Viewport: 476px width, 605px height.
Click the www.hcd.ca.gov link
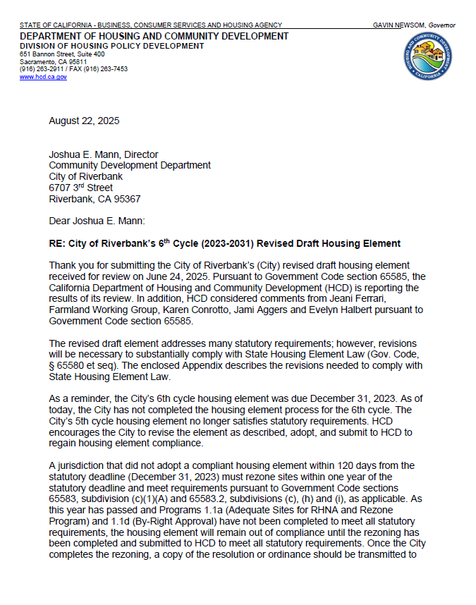click(43, 77)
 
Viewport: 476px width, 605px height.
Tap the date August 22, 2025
click(84, 121)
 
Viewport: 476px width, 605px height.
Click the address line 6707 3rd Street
click(80, 188)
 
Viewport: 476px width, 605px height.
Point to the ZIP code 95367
click(126, 199)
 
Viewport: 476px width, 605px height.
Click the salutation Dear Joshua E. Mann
click(96, 221)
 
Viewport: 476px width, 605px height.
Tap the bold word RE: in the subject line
click(58, 244)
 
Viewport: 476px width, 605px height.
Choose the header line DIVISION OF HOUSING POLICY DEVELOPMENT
click(111, 46)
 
